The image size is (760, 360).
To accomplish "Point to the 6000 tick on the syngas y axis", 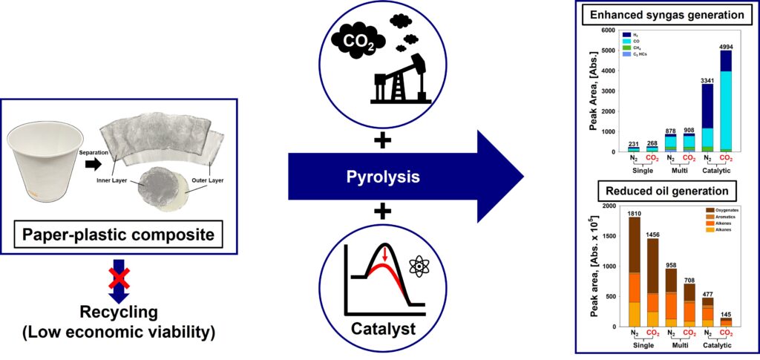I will coord(607,30).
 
